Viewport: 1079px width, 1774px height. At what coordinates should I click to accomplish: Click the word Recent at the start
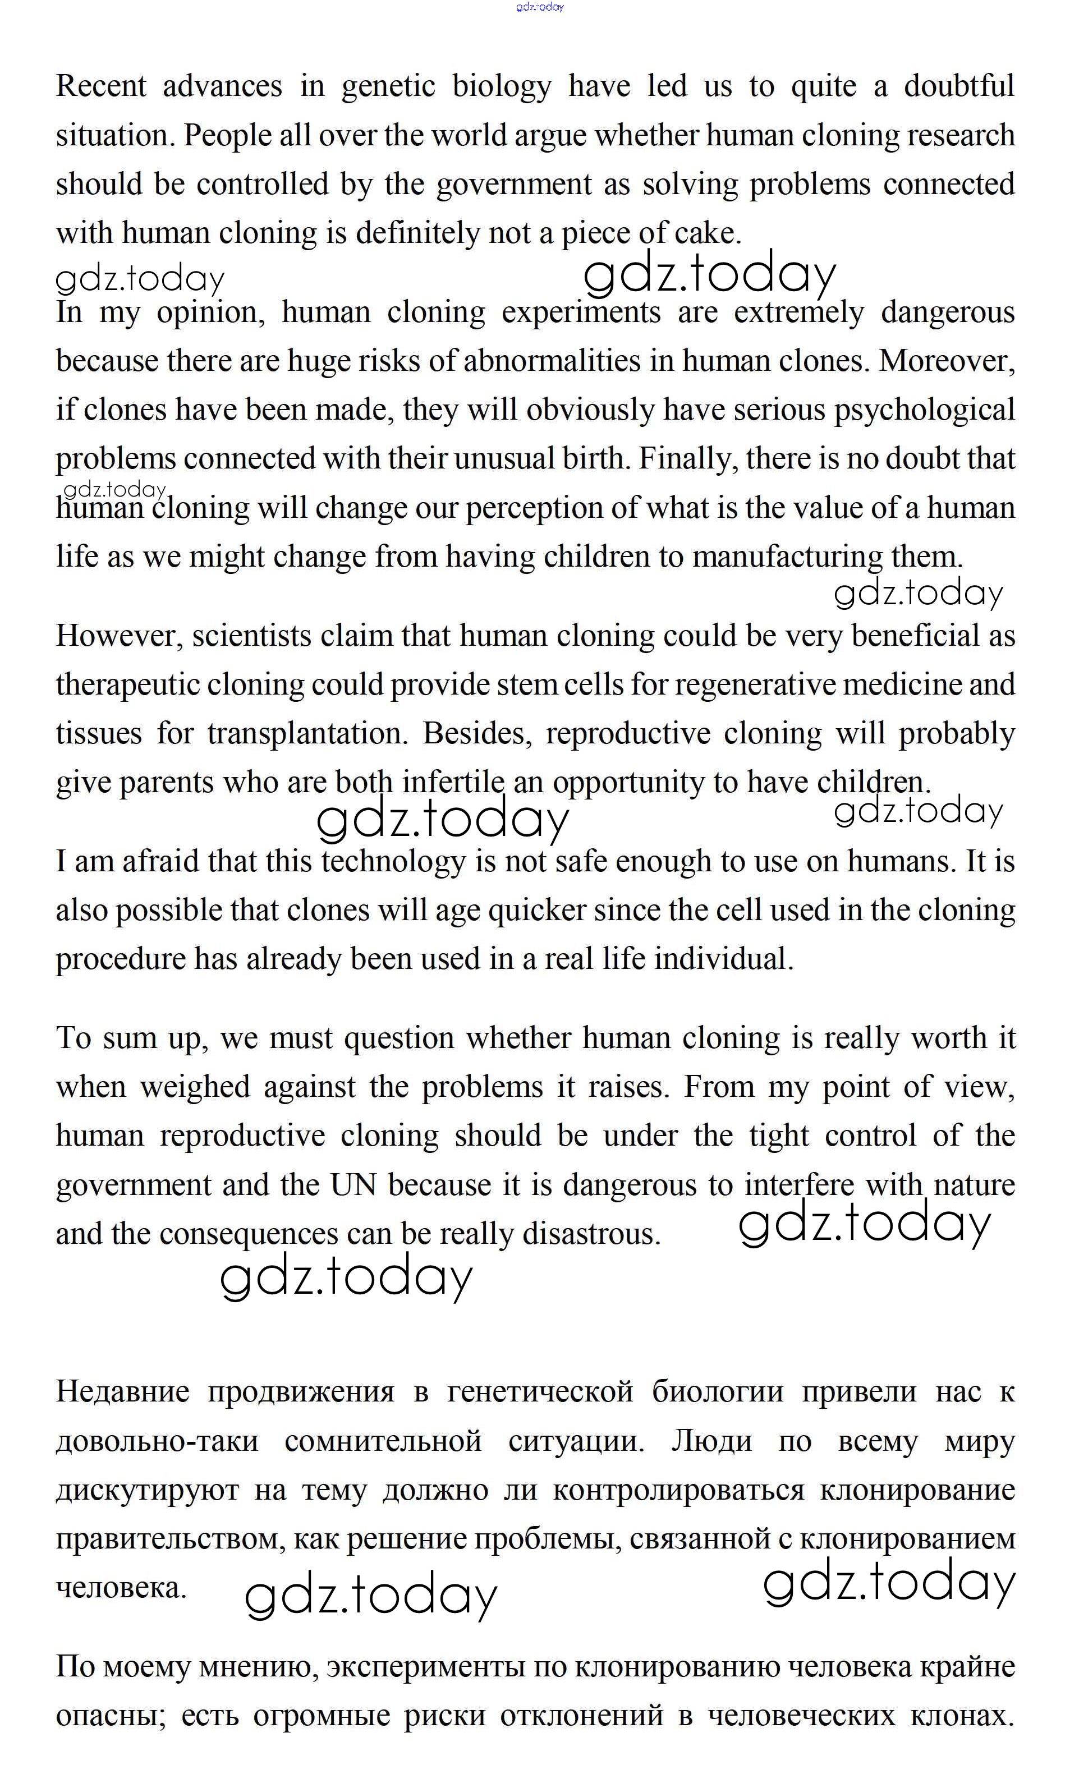tap(101, 86)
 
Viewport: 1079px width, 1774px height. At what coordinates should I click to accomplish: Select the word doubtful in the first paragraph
tap(959, 86)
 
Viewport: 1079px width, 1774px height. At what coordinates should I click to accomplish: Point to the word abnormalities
tap(552, 361)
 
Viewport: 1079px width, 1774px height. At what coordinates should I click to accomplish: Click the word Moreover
tap(946, 361)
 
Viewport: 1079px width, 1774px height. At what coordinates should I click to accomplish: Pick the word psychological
tap(924, 410)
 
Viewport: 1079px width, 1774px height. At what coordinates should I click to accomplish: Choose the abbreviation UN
tap(353, 1185)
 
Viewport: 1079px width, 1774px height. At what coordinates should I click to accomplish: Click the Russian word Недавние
tap(122, 1392)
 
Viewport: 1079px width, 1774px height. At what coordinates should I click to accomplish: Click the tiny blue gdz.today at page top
tap(540, 7)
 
